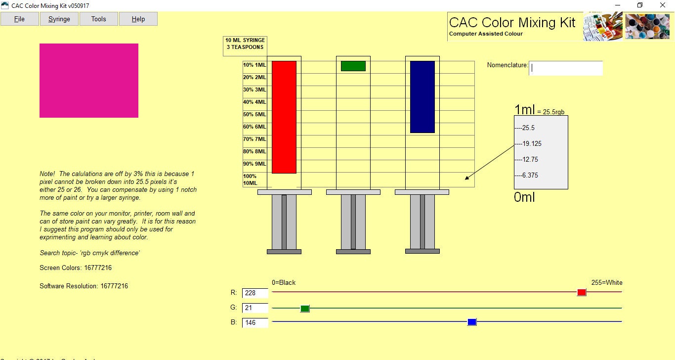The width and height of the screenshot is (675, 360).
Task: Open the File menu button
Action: [20, 19]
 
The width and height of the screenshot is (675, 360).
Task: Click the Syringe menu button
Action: [59, 19]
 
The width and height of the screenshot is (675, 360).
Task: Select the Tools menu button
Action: [99, 19]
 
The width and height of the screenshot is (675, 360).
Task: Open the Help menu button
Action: [138, 19]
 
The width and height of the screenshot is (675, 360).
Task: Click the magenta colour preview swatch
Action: [89, 81]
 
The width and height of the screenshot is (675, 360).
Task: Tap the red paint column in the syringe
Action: [284, 117]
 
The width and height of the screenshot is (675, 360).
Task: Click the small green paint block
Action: [353, 66]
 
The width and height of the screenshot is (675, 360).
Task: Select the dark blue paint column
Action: [422, 97]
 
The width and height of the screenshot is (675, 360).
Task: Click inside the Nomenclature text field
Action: [566, 68]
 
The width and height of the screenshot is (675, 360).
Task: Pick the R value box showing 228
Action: [255, 293]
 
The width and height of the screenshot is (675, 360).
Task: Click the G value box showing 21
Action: [255, 308]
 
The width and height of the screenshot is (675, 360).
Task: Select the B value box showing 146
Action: [255, 322]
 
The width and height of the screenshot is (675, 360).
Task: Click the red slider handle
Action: [582, 292]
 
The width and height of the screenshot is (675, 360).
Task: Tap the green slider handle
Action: [305, 309]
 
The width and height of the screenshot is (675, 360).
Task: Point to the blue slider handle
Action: [472, 322]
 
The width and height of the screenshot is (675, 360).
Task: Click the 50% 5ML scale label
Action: [255, 114]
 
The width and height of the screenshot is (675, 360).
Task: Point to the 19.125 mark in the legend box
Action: [532, 144]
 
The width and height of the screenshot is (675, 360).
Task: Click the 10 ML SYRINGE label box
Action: [245, 44]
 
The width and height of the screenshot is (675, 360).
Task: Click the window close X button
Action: [663, 5]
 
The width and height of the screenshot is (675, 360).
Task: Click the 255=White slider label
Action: [607, 283]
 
